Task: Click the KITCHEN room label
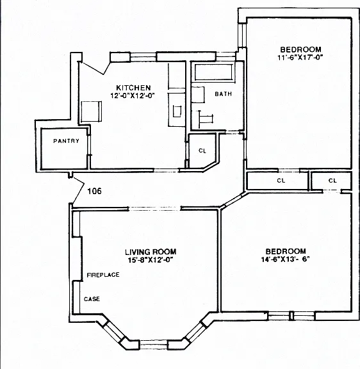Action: point(133,88)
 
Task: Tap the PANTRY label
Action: point(66,141)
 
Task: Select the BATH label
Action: point(224,94)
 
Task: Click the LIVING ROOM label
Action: point(151,252)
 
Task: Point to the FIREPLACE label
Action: point(103,275)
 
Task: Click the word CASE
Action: point(92,299)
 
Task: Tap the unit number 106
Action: point(94,191)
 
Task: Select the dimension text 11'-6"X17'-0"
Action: point(300,58)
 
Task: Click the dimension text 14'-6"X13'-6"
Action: point(285,259)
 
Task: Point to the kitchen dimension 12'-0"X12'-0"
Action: point(133,95)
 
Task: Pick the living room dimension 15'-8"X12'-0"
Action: point(151,260)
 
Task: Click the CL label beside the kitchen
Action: point(202,151)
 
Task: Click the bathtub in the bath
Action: point(214,72)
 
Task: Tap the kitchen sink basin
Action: point(177,111)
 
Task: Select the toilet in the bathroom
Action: point(198,95)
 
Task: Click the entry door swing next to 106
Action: point(78,191)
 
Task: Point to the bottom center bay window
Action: point(154,344)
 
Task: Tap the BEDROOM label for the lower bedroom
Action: point(286,251)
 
